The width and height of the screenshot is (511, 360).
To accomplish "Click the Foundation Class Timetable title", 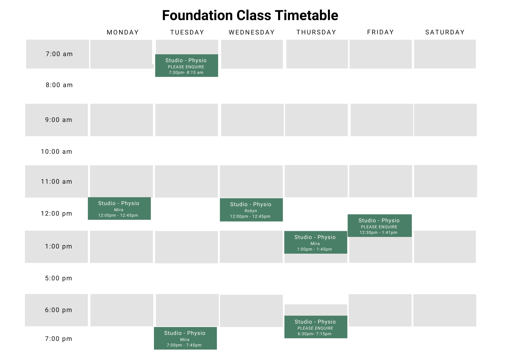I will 250,15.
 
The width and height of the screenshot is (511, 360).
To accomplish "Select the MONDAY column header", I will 123,32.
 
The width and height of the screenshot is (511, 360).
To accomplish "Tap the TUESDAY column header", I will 187,32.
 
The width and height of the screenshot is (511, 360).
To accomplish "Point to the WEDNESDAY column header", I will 252,32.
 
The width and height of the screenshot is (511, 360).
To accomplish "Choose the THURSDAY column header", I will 316,32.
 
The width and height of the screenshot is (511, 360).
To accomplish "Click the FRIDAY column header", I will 380,32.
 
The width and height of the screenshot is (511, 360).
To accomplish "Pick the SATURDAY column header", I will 445,32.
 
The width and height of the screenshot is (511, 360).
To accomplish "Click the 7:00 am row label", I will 59,54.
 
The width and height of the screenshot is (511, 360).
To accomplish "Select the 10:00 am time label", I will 57,152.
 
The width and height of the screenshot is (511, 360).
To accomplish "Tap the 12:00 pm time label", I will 57,213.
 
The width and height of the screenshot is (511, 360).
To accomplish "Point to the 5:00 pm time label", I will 58,278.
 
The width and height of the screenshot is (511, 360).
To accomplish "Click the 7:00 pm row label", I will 58,339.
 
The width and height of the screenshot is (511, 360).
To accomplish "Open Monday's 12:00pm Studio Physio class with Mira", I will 119,208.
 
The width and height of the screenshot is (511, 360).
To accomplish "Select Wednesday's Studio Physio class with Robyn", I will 251,210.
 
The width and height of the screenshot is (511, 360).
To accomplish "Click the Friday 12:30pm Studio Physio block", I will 379,226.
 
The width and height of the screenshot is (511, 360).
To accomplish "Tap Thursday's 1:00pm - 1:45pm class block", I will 316,242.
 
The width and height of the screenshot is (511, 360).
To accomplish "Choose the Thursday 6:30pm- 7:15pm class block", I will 316,327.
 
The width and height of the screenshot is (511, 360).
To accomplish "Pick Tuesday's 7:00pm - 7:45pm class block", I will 185,338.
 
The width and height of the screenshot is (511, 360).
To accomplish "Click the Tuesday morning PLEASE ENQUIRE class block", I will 187,65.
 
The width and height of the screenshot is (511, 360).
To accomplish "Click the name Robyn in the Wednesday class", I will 251,211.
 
